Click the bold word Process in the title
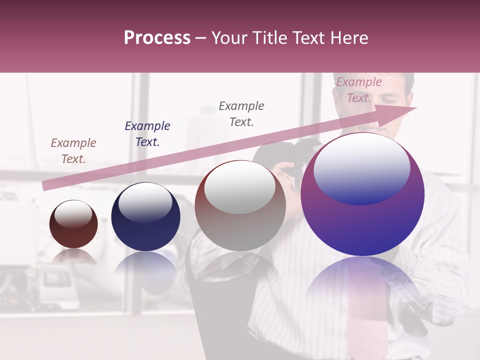pos(157,38)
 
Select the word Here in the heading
pos(349,38)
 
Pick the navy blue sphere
pos(145,225)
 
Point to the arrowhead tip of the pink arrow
pos(415,108)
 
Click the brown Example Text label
pos(73,151)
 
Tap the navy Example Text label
pos(147,134)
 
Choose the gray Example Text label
pos(241,114)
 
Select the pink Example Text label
pos(358,90)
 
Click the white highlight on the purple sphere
pos(361,167)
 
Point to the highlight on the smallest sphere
pos(73,213)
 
